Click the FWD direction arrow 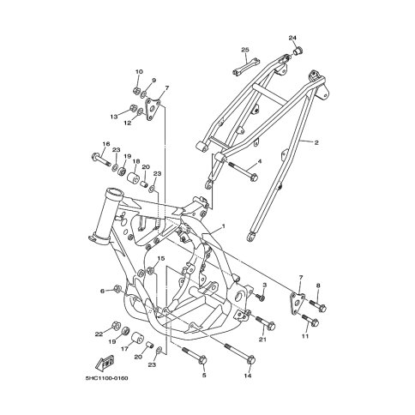[105, 362]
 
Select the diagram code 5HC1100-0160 [106, 378]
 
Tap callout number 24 [292, 38]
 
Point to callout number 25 [245, 50]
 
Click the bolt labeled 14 [239, 353]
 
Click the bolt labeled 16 [101, 159]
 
